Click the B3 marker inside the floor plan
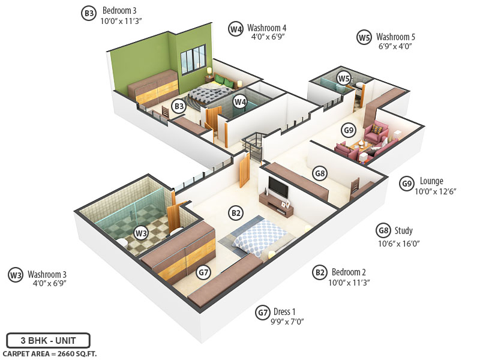coord(178,107)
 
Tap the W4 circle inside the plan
coord(240,101)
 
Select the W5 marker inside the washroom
coord(343,78)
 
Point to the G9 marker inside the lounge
coord(348,129)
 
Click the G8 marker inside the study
coord(320,173)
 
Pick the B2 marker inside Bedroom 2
coord(236,212)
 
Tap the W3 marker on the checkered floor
coord(140,233)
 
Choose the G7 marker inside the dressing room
coord(204,272)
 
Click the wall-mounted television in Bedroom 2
coord(278,187)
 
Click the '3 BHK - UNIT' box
coord(48,340)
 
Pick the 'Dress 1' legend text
coord(284,311)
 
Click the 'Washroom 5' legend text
coord(395,37)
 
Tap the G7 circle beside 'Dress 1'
coord(262,313)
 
